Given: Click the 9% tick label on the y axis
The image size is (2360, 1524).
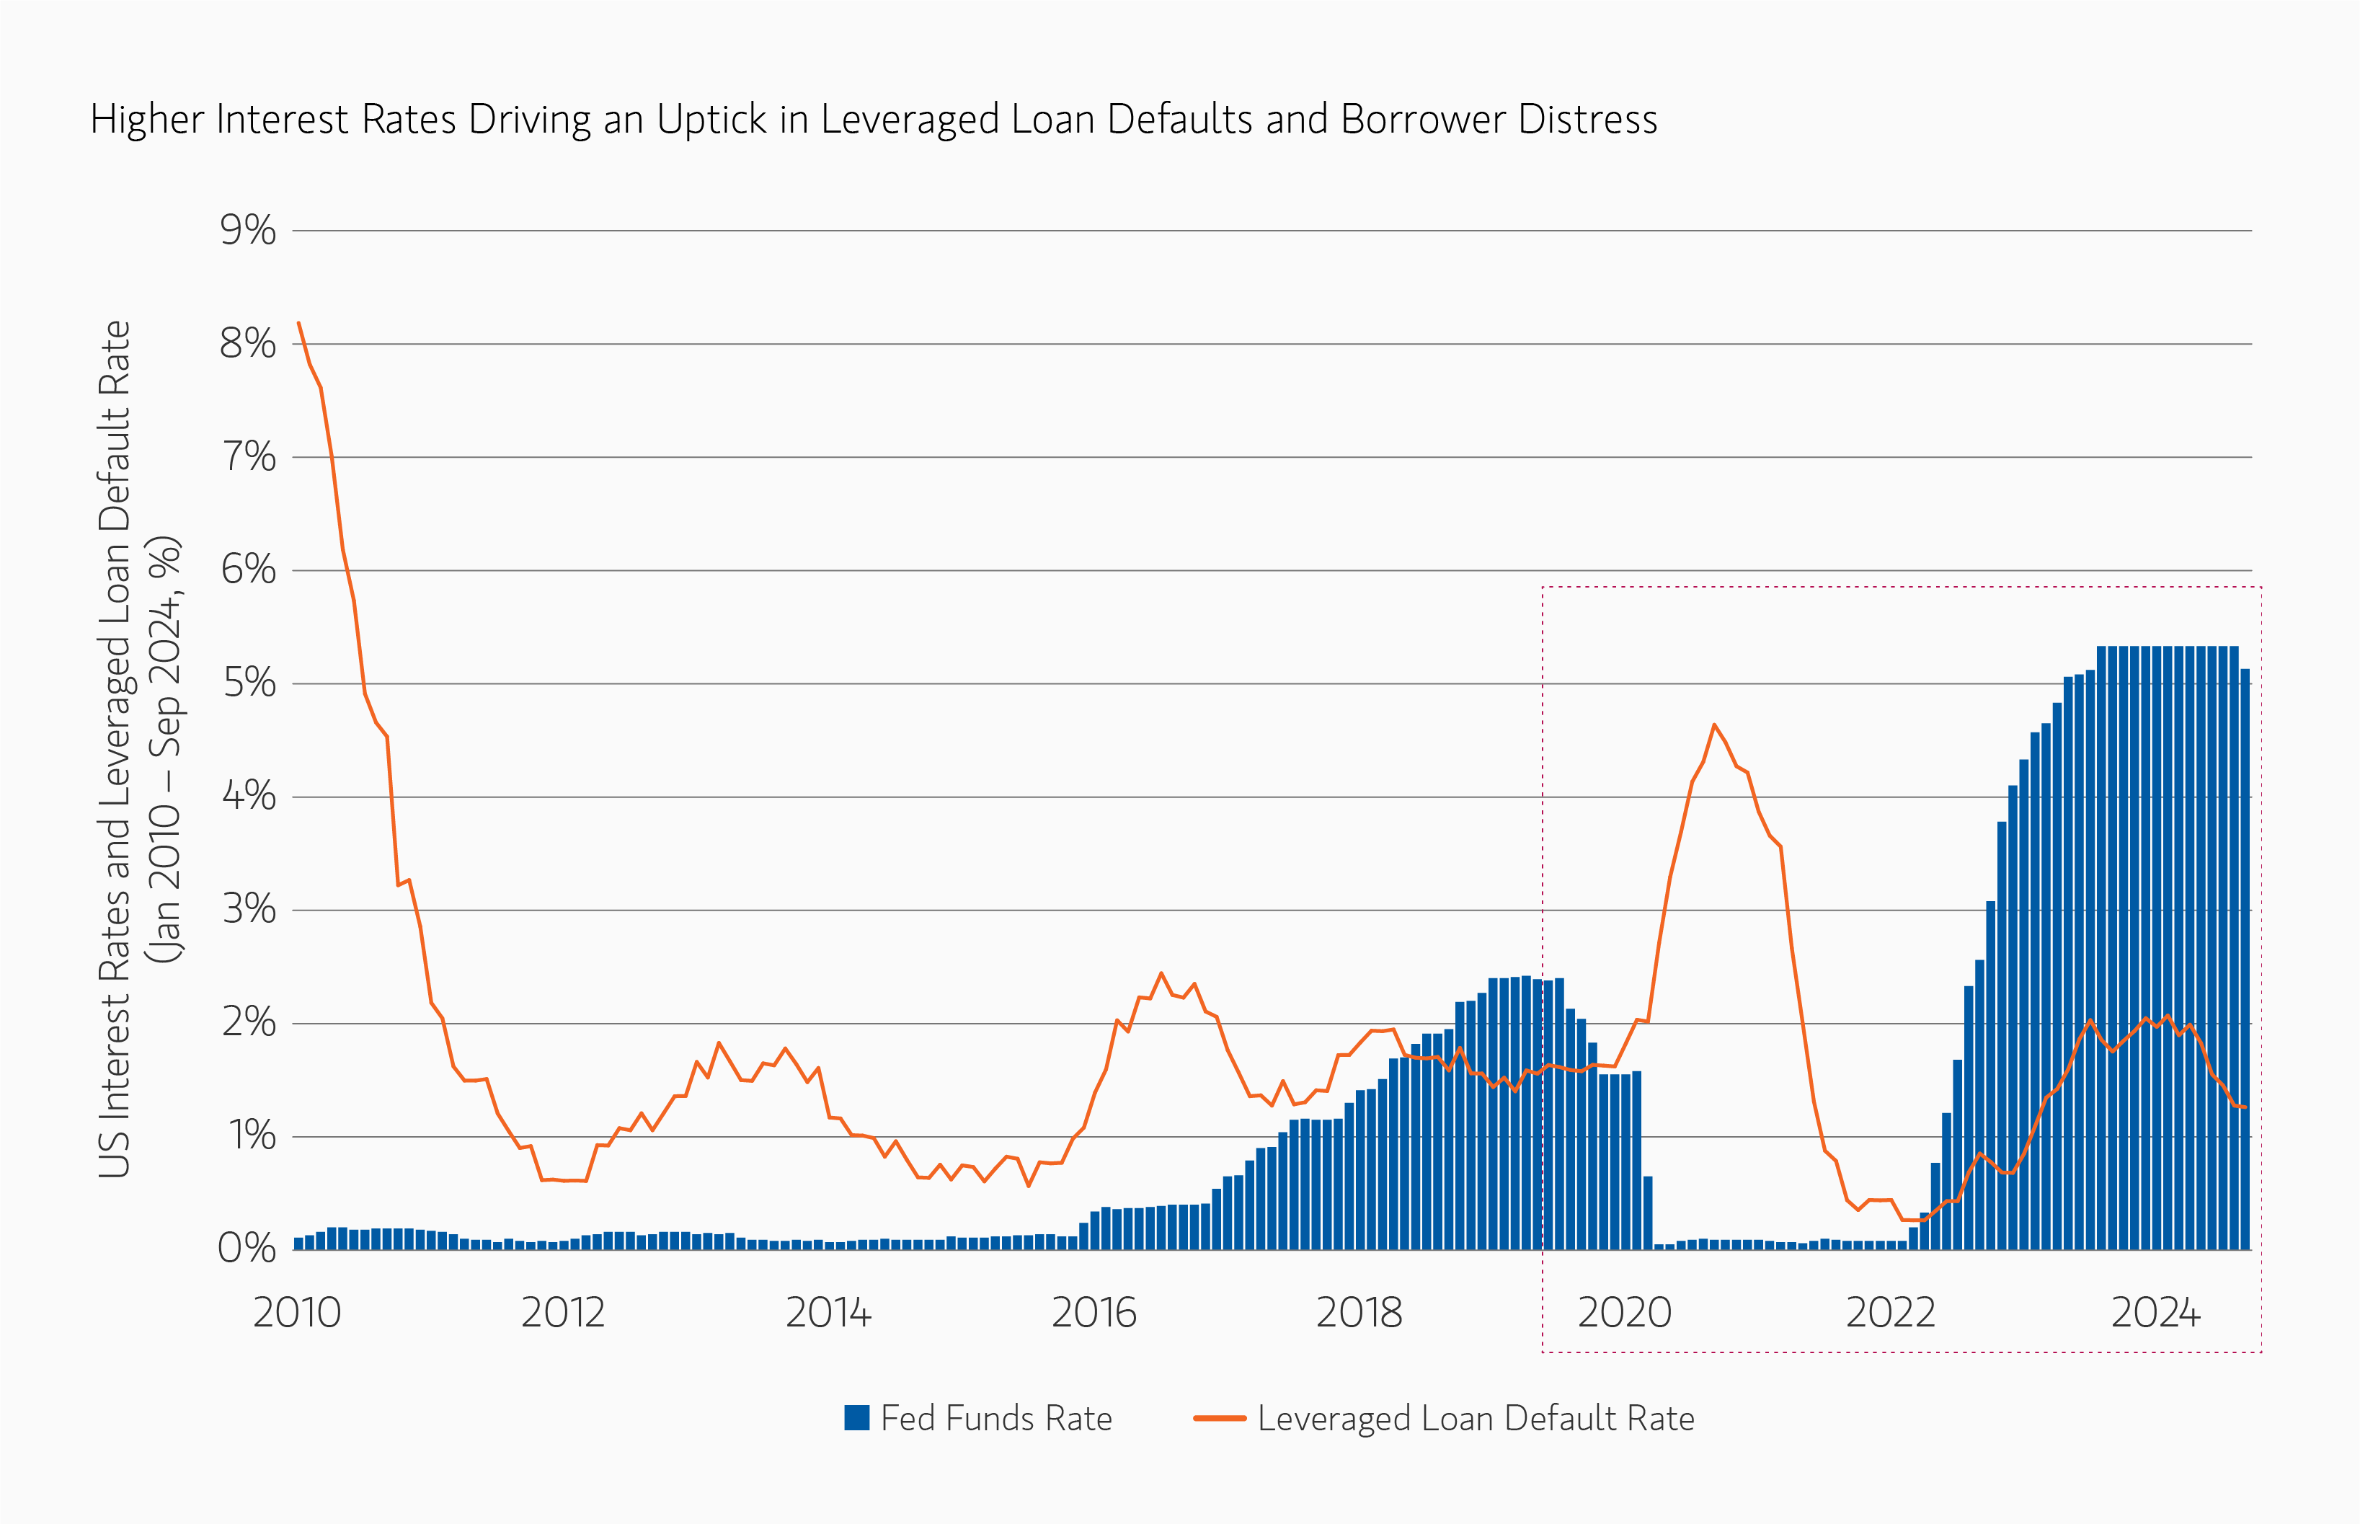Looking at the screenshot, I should click(x=247, y=231).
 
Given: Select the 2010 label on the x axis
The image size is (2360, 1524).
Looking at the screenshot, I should click(x=297, y=1313).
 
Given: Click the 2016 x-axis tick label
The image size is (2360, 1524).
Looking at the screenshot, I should click(x=1094, y=1313).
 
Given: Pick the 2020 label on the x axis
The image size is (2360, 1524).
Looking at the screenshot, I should click(x=1624, y=1313).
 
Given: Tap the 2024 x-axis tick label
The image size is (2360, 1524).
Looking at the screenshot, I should click(x=2155, y=1313).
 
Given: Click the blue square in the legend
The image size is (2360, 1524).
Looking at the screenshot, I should click(x=856, y=1418).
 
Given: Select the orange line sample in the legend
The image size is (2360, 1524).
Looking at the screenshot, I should click(x=1219, y=1418).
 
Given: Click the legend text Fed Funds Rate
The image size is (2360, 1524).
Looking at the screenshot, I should click(x=996, y=1418).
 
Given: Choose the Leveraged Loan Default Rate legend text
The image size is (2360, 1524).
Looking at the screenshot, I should click(x=1476, y=1418).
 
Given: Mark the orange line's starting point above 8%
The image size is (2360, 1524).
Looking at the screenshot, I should click(x=299, y=323).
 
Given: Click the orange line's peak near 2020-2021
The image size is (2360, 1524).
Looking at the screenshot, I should click(x=1714, y=725).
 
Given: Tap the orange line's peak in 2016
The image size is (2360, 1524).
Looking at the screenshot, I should click(x=1162, y=974).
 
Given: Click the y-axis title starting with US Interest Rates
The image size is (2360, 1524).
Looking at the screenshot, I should click(x=115, y=749).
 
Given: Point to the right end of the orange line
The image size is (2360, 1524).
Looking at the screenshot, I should click(x=2246, y=1107).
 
